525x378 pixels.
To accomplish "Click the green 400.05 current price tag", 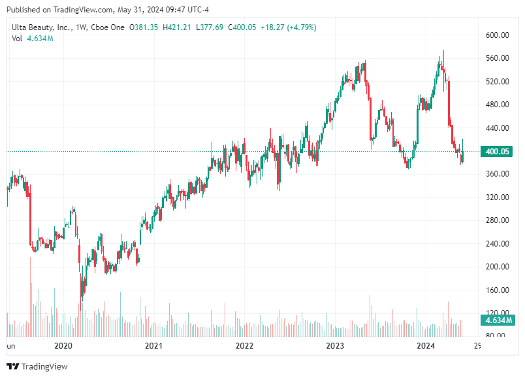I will (x=496, y=152).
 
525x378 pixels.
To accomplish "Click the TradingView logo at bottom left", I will (x=37, y=366).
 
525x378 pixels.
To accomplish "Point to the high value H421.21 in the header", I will (x=177, y=27).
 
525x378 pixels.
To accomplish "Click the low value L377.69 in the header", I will (x=210, y=27).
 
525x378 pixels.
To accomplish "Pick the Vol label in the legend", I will (x=18, y=39).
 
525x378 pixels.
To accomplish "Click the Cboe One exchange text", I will (x=108, y=27).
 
